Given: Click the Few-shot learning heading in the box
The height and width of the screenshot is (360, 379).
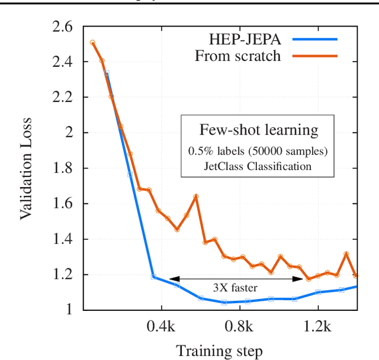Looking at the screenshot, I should (x=258, y=130).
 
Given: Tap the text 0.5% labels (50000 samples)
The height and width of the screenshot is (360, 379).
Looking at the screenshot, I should (x=258, y=150).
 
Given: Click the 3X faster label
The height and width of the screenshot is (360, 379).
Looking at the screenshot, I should (x=236, y=289).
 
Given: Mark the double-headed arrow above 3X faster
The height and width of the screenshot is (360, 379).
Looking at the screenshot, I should (x=236, y=279).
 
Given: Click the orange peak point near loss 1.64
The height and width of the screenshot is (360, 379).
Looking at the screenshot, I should (x=196, y=197).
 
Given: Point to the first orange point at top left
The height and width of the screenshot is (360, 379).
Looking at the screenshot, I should (x=92, y=43).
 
